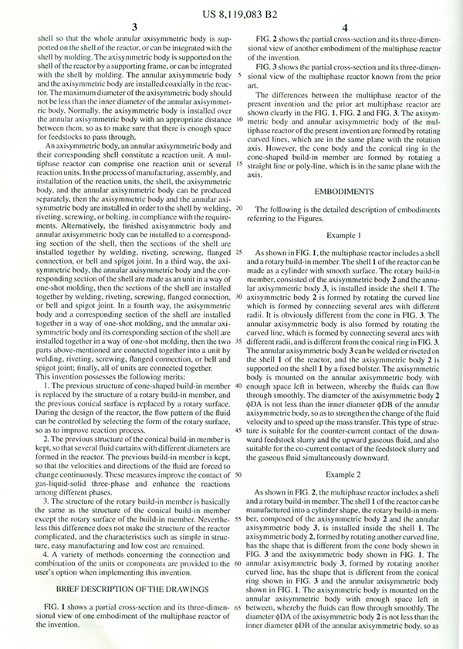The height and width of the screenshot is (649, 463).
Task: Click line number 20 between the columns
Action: [x=239, y=209]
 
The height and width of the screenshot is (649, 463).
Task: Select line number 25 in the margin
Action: [x=239, y=253]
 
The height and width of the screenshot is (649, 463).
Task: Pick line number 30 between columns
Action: [x=239, y=297]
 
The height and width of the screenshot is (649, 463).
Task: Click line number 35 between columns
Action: [x=239, y=341]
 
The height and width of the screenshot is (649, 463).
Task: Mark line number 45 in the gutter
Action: [x=239, y=430]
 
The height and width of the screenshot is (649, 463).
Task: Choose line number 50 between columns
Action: [x=239, y=474]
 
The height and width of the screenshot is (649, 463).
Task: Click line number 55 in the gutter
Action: [x=239, y=518]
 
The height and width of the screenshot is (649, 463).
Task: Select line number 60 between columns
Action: [x=239, y=562]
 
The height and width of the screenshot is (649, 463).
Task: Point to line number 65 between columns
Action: [x=239, y=607]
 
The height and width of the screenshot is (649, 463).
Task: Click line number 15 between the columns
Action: [x=239, y=164]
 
